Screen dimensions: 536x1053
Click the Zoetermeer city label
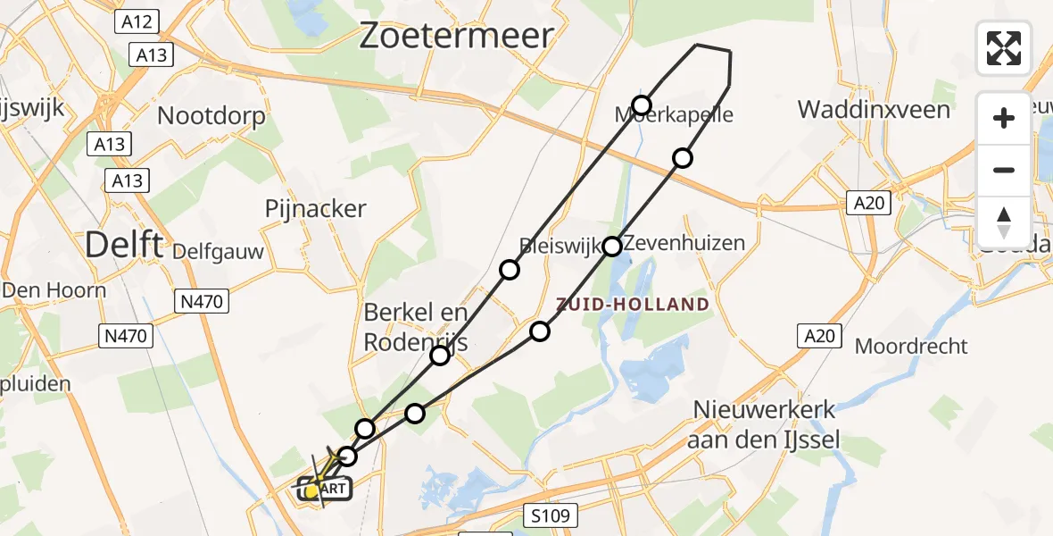pyautogui.click(x=456, y=37)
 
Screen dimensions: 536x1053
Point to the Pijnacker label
pyautogui.click(x=316, y=209)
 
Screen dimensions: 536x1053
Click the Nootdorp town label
pyautogui.click(x=211, y=116)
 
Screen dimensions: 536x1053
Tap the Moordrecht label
pyautogui.click(x=911, y=346)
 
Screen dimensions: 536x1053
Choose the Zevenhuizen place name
pyautogui.click(x=684, y=243)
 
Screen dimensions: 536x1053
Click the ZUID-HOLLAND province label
pyautogui.click(x=633, y=305)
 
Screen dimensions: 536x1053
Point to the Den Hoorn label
pyautogui.click(x=54, y=290)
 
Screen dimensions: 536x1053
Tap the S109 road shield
pyautogui.click(x=550, y=515)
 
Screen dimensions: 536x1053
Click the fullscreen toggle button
pyautogui.click(x=1004, y=48)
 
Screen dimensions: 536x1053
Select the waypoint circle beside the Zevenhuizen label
pyautogui.click(x=612, y=246)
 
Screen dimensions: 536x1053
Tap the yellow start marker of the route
pyautogui.click(x=312, y=490)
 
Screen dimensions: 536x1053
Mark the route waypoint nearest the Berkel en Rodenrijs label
pyautogui.click(x=440, y=356)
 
